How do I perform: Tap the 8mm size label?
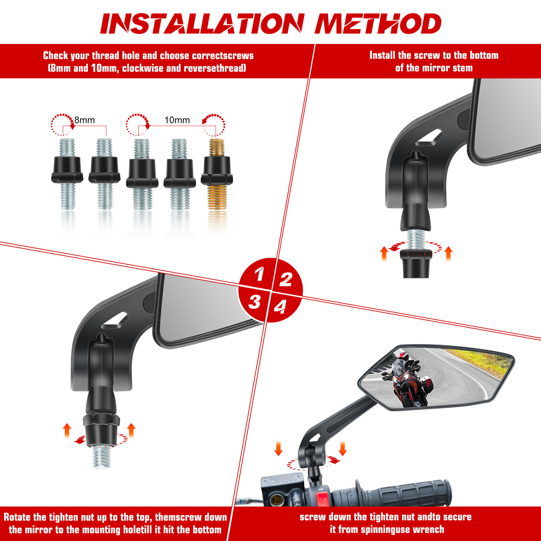pos(85,120)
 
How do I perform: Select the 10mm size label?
pos(177,120)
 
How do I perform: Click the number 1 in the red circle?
pos(260,274)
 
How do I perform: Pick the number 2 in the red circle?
pos(286,280)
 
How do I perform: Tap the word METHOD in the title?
pos(378,24)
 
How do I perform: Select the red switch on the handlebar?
pos(322,499)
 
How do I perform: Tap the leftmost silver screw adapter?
pos(67,174)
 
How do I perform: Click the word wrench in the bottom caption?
pos(429,530)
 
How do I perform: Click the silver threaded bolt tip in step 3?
pos(102,456)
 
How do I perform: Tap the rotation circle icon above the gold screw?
pos(214,124)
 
